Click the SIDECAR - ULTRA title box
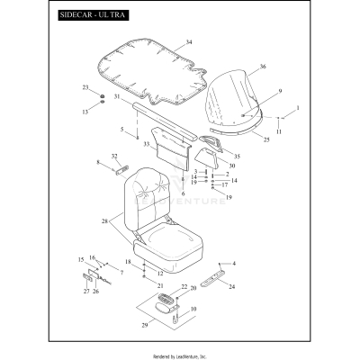tap(94, 15)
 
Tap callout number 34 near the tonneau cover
tap(188, 42)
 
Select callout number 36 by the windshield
tap(263, 67)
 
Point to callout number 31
tap(117, 96)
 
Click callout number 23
tap(85, 87)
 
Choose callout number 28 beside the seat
tap(104, 221)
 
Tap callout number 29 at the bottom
tap(145, 325)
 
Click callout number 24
tap(232, 287)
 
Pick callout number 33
tap(147, 144)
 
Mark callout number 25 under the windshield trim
tap(266, 139)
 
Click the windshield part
tap(232, 99)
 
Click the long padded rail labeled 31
tap(165, 121)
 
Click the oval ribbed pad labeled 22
tap(166, 299)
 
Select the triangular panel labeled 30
tap(207, 158)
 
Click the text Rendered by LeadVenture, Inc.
tap(180, 356)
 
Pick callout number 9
tap(280, 91)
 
